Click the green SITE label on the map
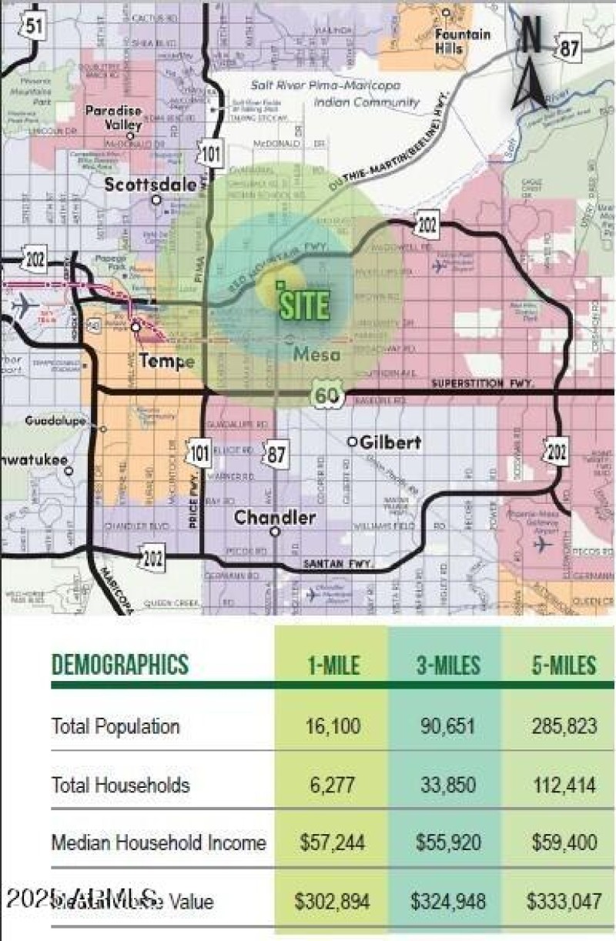303,305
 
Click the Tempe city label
166,362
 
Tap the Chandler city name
274,517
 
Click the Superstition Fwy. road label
477,383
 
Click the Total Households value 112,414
564,785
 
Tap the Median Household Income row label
158,842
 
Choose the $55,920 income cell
445,842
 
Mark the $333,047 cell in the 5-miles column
564,899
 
